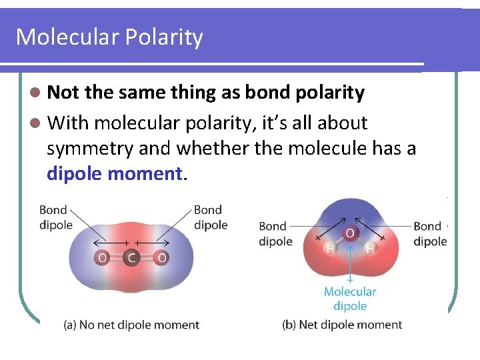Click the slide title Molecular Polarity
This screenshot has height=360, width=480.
click(x=109, y=37)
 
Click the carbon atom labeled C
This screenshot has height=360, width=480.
click(x=131, y=257)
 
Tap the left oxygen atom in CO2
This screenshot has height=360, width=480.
click(x=102, y=257)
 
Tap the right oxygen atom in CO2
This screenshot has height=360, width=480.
click(x=161, y=257)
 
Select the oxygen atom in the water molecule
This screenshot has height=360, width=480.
click(x=349, y=233)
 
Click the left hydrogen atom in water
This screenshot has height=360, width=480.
click(x=329, y=249)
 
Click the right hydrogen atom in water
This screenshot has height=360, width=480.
click(x=370, y=249)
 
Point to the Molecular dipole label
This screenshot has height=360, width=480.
click(x=350, y=299)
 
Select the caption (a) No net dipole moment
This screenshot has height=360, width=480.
click(x=131, y=325)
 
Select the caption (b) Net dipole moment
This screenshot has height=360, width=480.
click(x=342, y=325)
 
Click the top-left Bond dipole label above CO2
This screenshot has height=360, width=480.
click(x=55, y=217)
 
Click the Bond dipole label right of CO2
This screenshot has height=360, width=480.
click(x=210, y=217)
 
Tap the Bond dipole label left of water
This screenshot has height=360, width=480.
click(x=275, y=233)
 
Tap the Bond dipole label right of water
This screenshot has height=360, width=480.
click(x=429, y=233)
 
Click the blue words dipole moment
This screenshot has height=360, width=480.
click(x=114, y=174)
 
